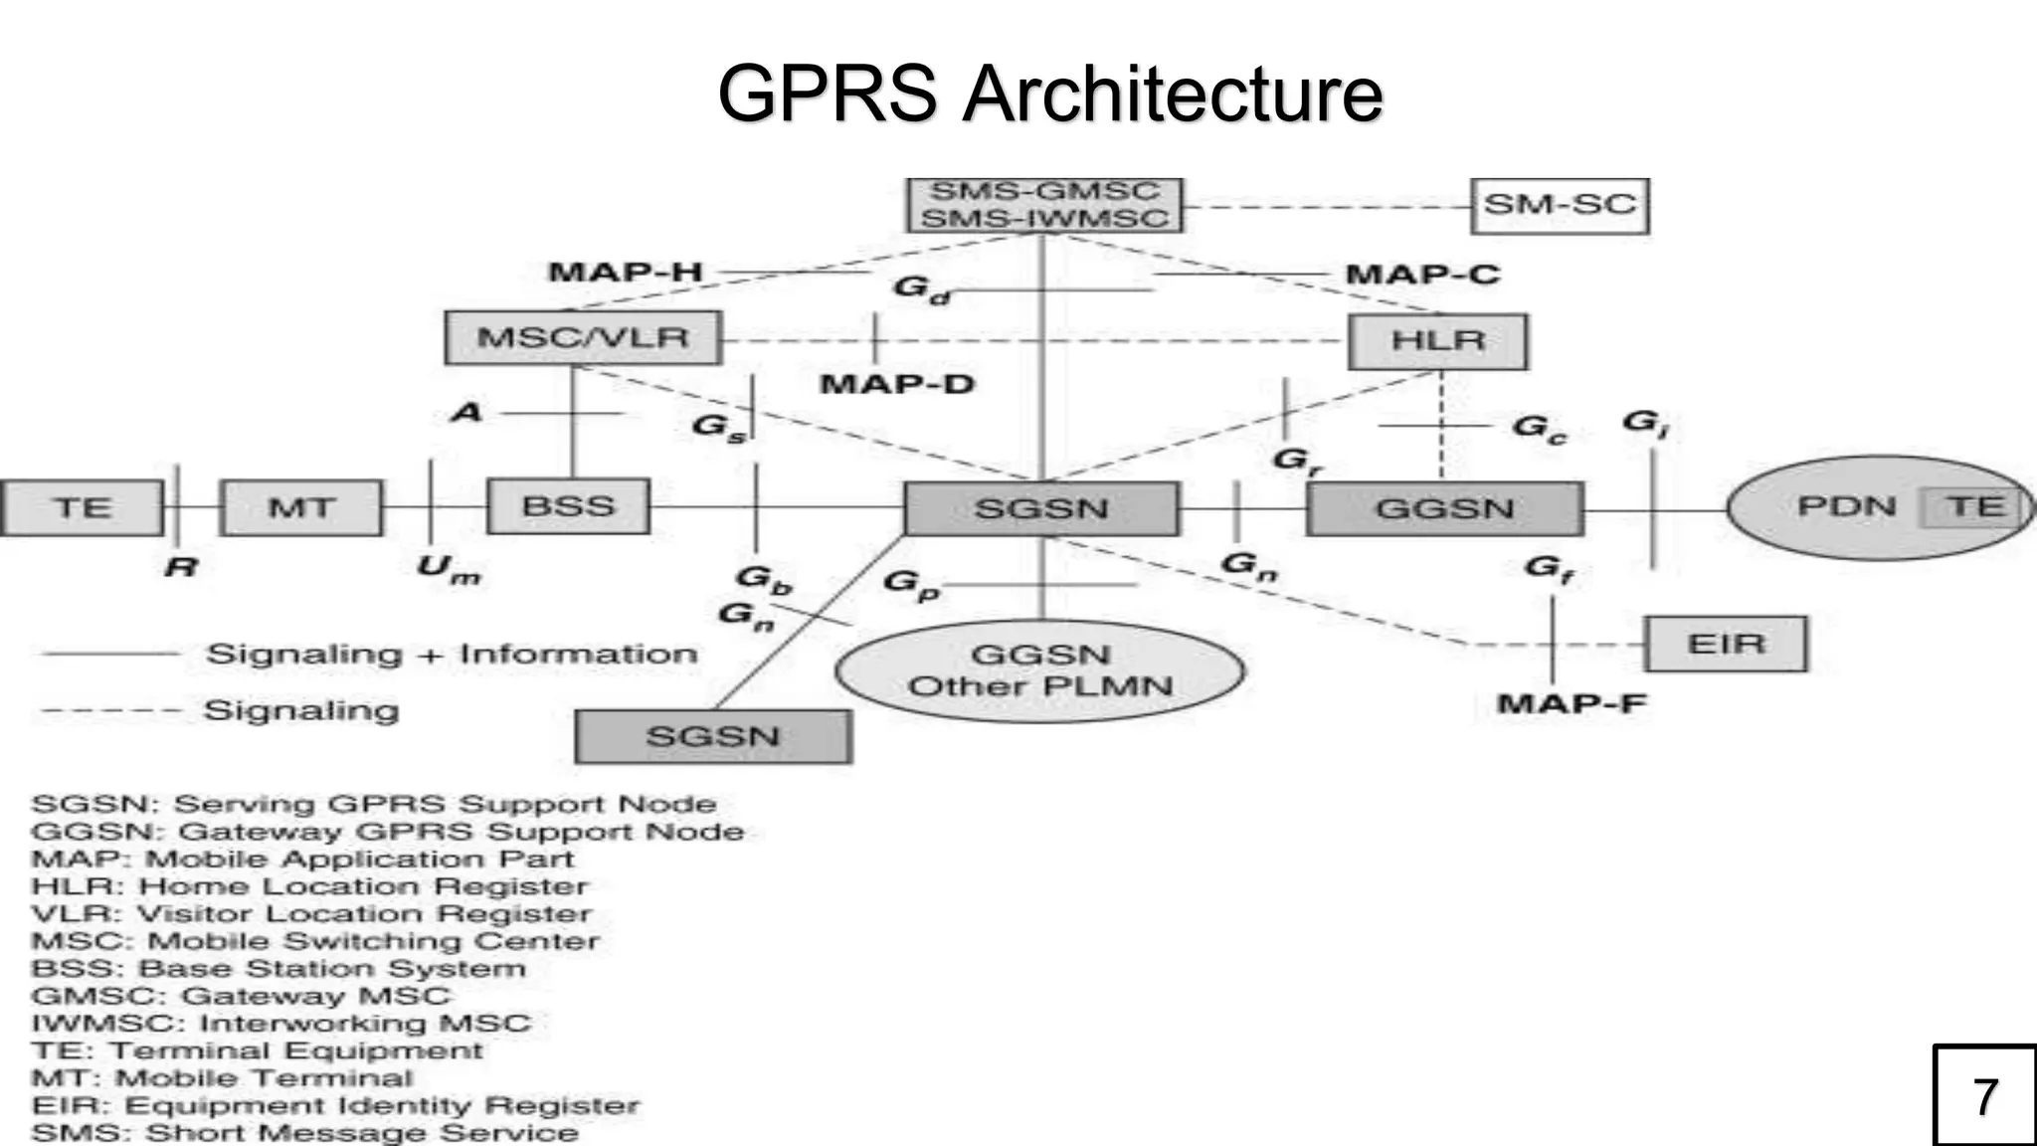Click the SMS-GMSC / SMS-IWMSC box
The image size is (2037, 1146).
pyautogui.click(x=1044, y=205)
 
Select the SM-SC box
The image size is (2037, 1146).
pyautogui.click(x=1559, y=206)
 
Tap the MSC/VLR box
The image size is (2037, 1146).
pyautogui.click(x=583, y=337)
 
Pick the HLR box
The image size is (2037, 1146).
pyautogui.click(x=1437, y=341)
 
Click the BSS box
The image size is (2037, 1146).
pyautogui.click(x=568, y=506)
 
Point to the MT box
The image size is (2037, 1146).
pyautogui.click(x=301, y=507)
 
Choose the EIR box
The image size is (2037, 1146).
pyautogui.click(x=1726, y=644)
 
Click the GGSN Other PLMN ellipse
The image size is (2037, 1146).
pyautogui.click(x=1040, y=670)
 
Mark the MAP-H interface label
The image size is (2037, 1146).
pyautogui.click(x=626, y=272)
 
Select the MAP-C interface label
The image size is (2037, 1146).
pyautogui.click(x=1422, y=275)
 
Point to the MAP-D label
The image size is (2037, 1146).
pyautogui.click(x=897, y=384)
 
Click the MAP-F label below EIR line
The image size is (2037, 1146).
pyautogui.click(x=1572, y=703)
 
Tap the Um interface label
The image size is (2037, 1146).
pyautogui.click(x=449, y=569)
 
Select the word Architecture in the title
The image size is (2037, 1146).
pyautogui.click(x=1173, y=94)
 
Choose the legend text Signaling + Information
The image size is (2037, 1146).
pyautogui.click(x=452, y=655)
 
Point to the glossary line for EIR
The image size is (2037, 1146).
pyautogui.click(x=335, y=1105)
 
